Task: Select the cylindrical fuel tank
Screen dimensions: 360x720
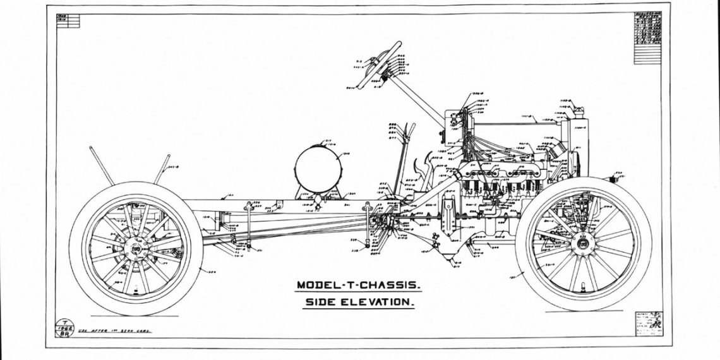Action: (318, 167)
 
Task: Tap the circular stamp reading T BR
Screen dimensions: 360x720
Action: (64, 328)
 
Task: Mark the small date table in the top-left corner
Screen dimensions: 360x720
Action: (68, 21)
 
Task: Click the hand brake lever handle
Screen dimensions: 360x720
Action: (411, 129)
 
